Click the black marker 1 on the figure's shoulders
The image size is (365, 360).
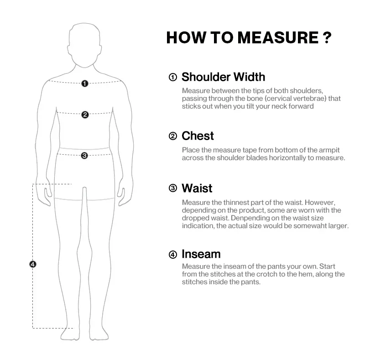(84, 83)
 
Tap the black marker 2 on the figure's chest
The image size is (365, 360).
(84, 115)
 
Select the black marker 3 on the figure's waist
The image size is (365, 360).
(84, 156)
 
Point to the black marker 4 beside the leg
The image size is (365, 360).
(32, 264)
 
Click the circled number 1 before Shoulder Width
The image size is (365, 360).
(173, 77)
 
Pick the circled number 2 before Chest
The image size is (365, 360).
(173, 136)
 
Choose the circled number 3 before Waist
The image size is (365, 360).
(173, 188)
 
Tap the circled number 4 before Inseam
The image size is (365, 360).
(173, 255)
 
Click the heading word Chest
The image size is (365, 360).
(198, 136)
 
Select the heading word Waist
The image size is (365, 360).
(197, 188)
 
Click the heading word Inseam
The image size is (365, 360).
(201, 254)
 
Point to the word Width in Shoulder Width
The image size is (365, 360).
(249, 77)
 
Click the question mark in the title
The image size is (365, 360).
(326, 37)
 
